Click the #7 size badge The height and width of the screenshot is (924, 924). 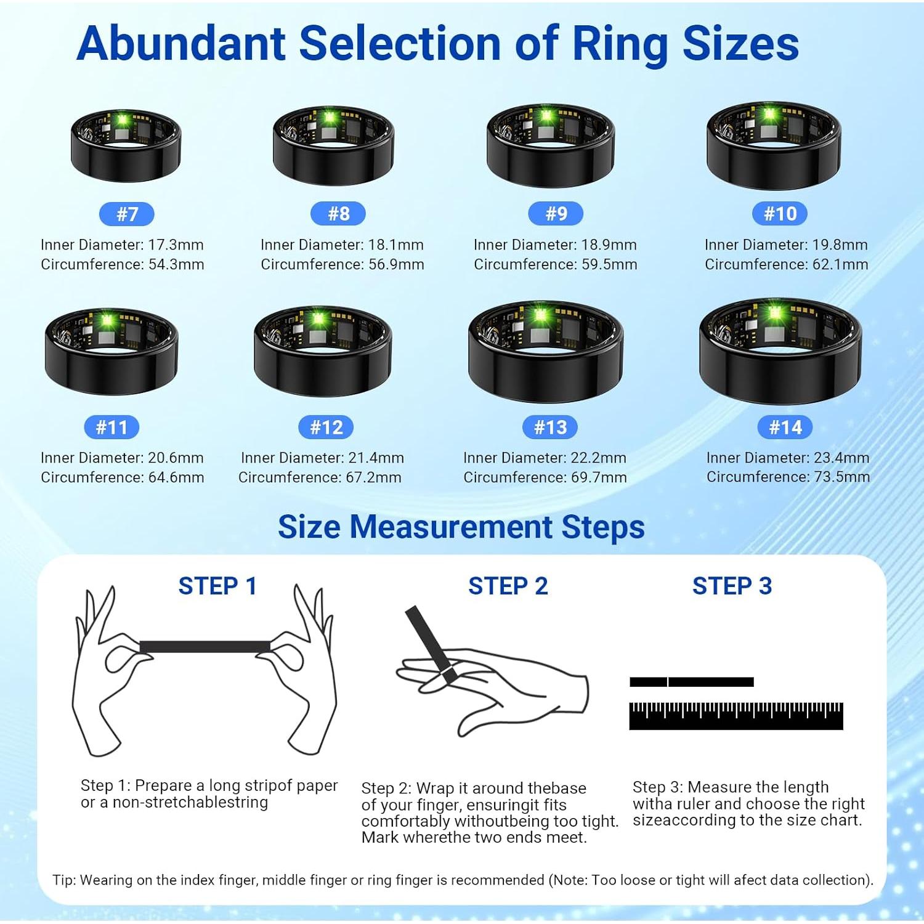[x=126, y=214]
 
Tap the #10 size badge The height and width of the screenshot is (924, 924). [x=780, y=214]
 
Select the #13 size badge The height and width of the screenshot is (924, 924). [x=550, y=427]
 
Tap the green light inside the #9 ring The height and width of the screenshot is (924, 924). [x=546, y=115]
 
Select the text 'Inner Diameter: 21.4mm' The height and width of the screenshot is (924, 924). [x=322, y=458]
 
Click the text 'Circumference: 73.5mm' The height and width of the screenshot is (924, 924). [x=788, y=477]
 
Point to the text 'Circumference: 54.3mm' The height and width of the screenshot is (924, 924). [x=122, y=264]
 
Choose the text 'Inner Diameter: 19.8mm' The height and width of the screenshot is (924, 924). [x=786, y=245]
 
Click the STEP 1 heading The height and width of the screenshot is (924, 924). [x=217, y=586]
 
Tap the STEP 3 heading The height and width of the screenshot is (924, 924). [x=732, y=586]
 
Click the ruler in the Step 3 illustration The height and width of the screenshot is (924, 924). [x=736, y=716]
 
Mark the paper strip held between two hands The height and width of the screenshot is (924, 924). [x=205, y=647]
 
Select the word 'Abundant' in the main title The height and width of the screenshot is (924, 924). [x=182, y=44]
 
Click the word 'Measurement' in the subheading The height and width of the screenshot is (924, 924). [x=451, y=527]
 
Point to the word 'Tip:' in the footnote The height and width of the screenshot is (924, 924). [x=64, y=880]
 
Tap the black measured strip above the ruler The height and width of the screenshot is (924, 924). [x=691, y=682]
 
